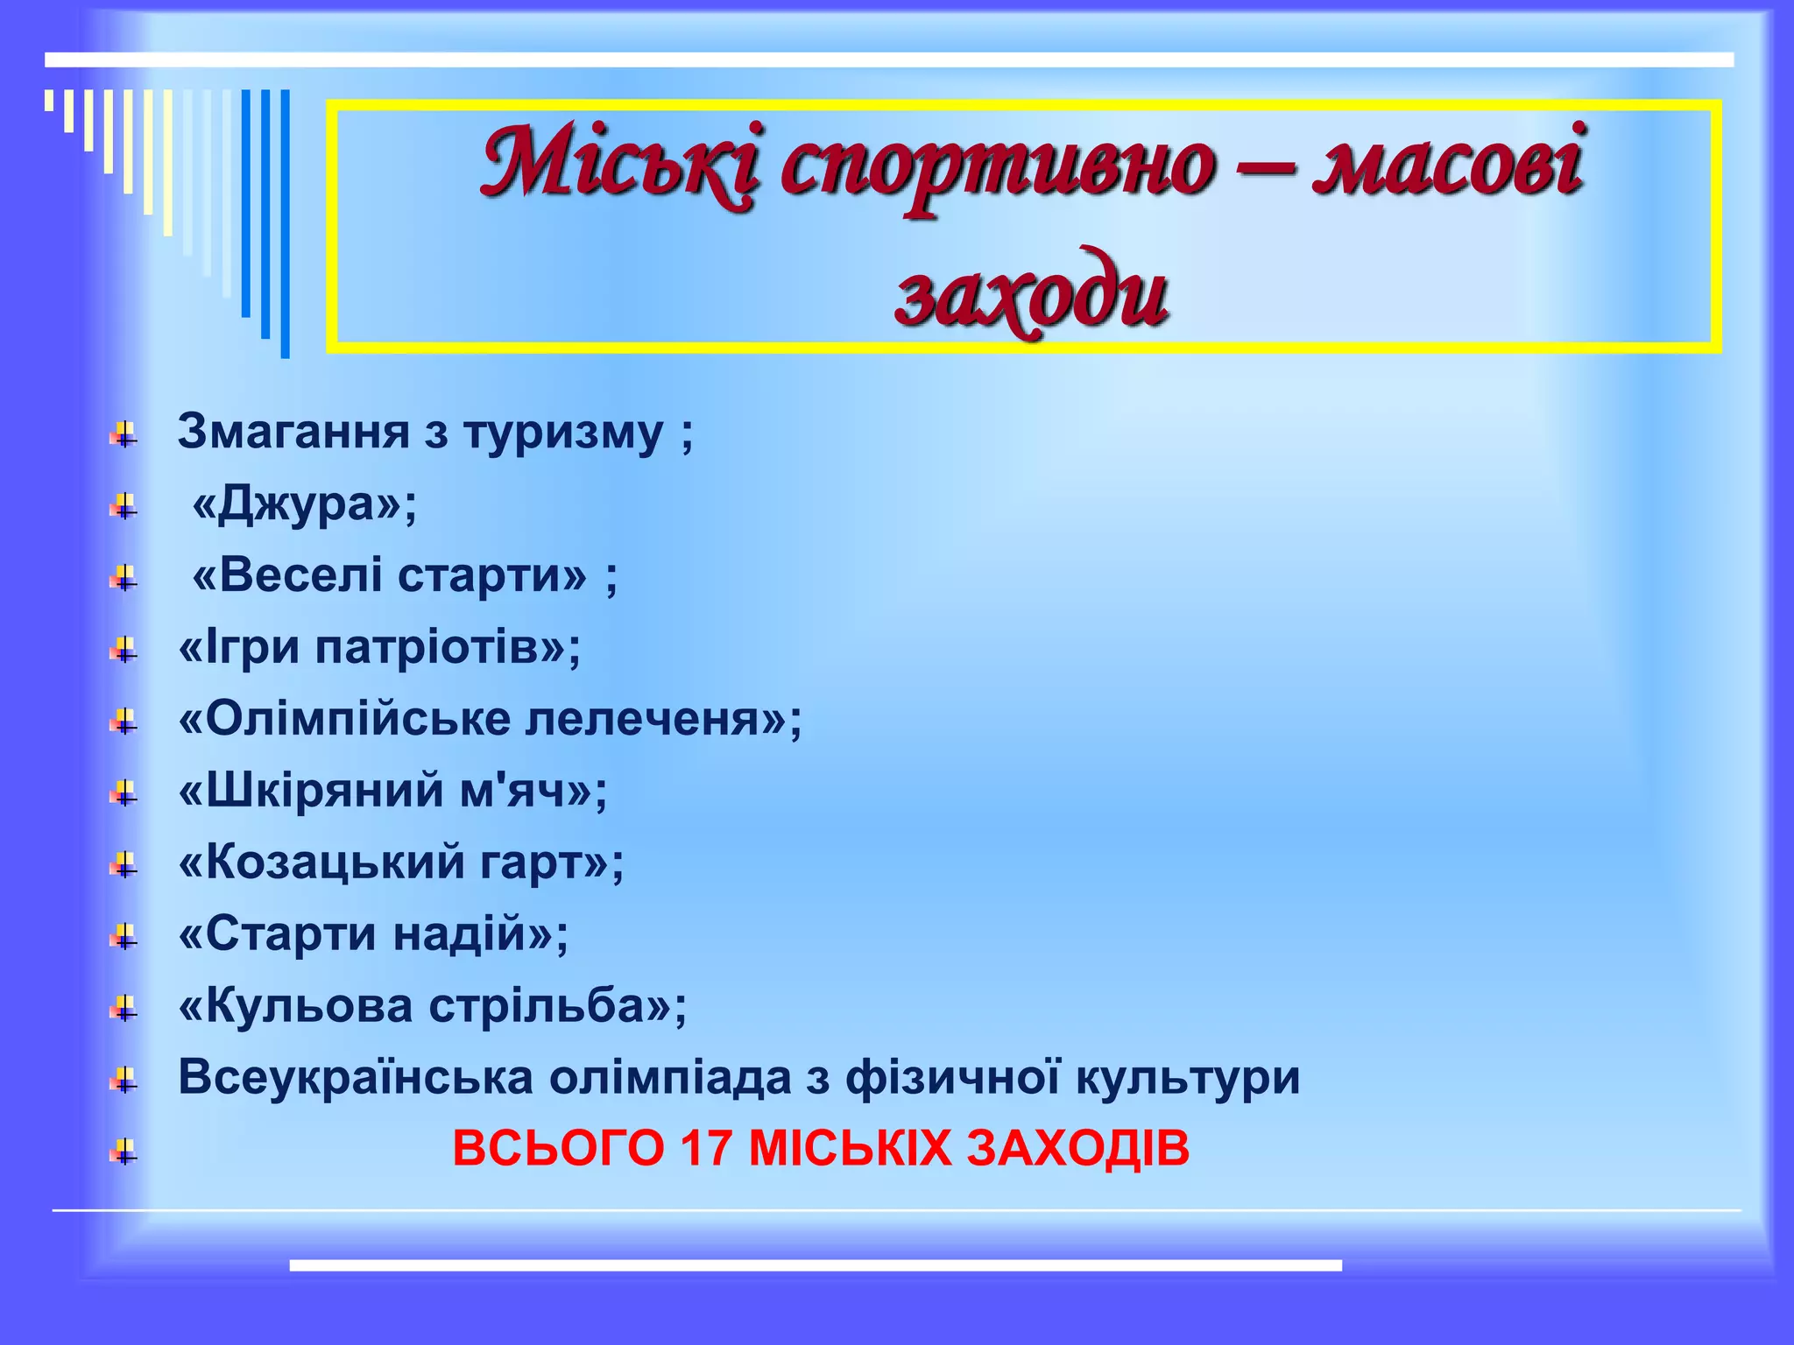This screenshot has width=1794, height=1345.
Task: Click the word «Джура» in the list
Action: [x=303, y=504]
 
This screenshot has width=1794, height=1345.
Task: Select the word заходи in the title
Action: [x=1031, y=293]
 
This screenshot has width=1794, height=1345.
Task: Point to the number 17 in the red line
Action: [x=706, y=1148]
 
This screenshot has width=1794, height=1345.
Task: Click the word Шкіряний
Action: [x=310, y=792]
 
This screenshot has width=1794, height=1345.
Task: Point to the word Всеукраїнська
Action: [x=356, y=1077]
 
